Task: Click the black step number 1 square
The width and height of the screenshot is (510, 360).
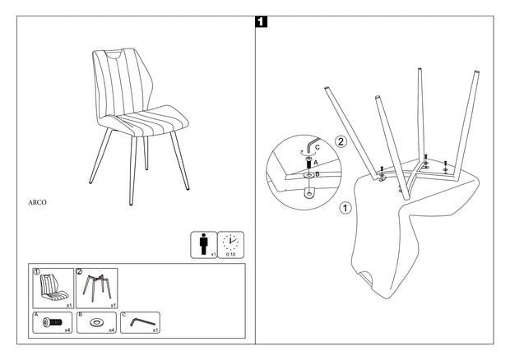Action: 262,23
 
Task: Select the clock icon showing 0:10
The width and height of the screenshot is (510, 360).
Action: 231,242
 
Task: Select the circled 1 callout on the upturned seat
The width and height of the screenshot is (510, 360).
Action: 345,208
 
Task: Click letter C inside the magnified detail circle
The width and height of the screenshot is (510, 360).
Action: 318,146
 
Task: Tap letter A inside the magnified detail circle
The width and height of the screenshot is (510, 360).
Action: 315,163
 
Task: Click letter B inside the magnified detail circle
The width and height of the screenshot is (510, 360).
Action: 317,175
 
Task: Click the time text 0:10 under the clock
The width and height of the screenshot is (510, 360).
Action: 230,255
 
